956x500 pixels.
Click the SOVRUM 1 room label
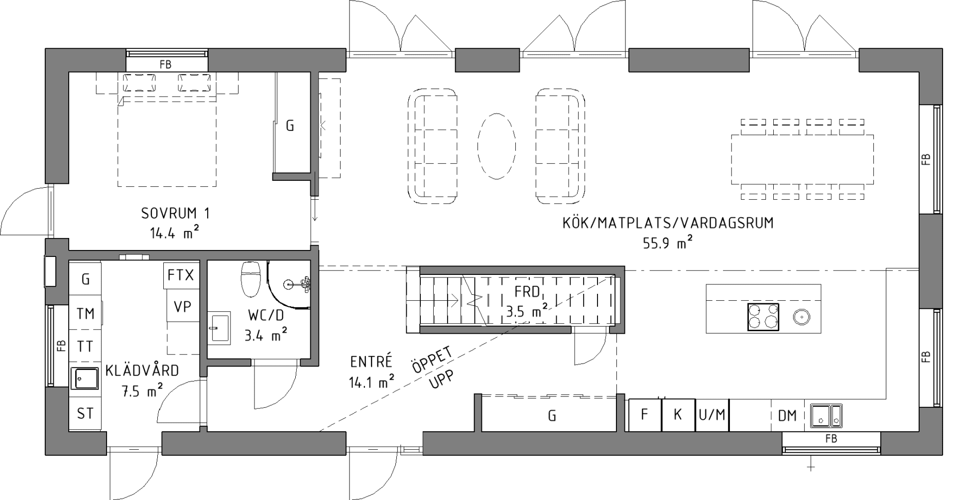(x=175, y=214)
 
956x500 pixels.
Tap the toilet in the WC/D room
(x=251, y=279)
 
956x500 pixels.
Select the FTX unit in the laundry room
(x=180, y=275)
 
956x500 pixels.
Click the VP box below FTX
(x=182, y=307)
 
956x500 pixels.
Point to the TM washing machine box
(x=85, y=313)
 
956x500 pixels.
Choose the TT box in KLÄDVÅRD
(x=85, y=346)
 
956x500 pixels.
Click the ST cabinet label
(x=85, y=413)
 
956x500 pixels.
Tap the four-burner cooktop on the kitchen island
(x=763, y=317)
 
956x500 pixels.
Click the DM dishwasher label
(x=787, y=415)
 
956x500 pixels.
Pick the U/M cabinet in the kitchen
(x=712, y=415)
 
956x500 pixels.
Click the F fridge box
(x=645, y=415)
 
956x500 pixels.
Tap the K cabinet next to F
(x=678, y=415)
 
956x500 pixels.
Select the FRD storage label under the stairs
(x=527, y=292)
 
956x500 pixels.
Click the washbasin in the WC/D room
(x=219, y=328)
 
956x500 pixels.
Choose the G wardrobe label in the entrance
(x=552, y=415)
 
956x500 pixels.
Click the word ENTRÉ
(x=371, y=361)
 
